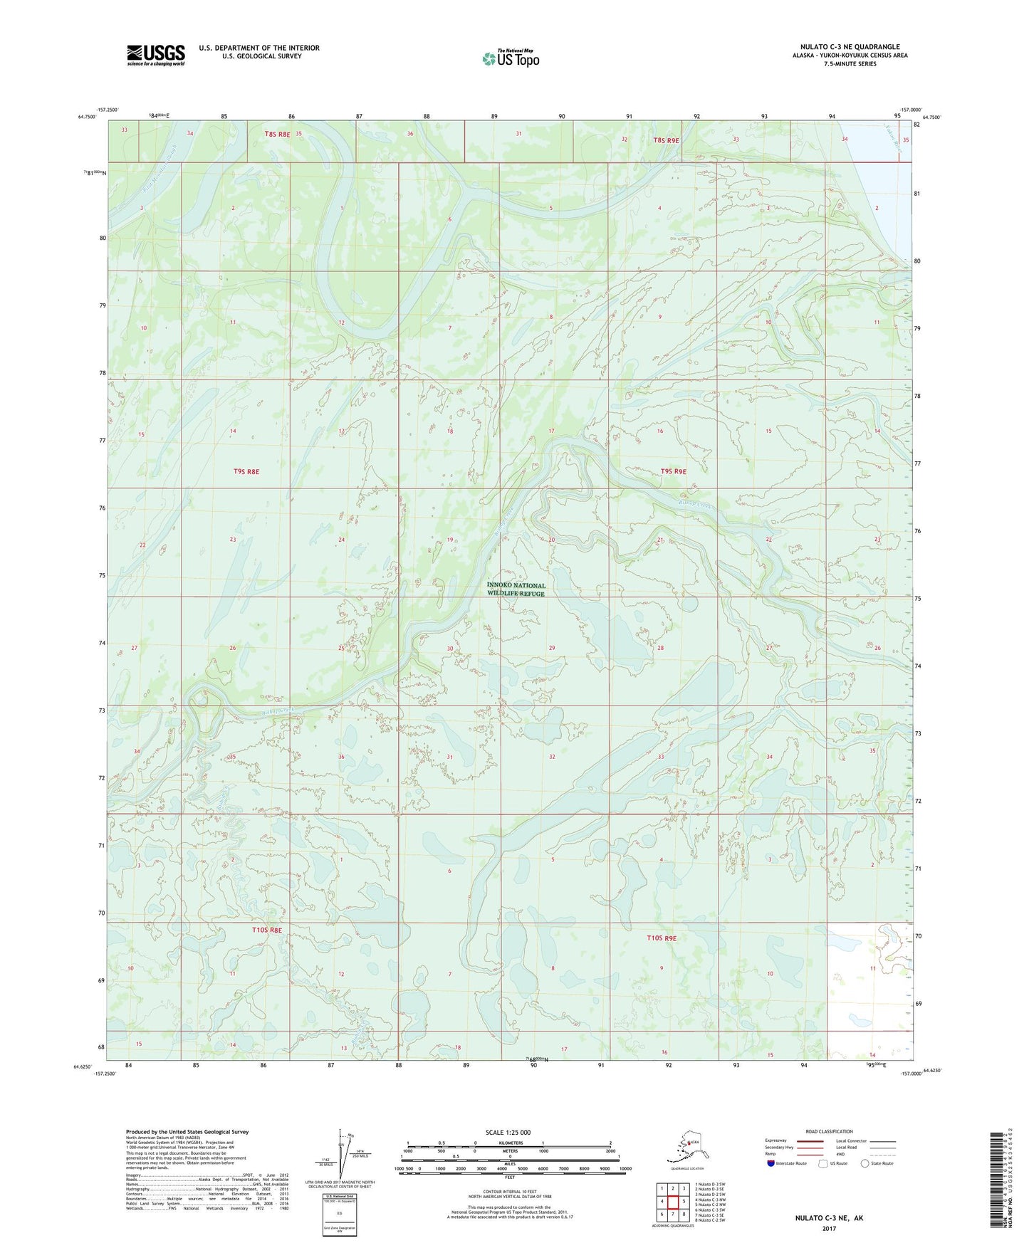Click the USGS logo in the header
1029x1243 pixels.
click(156, 55)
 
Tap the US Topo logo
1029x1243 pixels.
click(510, 58)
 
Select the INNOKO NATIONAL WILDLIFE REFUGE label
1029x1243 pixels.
click(516, 589)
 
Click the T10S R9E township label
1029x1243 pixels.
click(661, 938)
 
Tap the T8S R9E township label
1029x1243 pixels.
click(667, 141)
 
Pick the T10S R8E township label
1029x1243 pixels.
click(266, 930)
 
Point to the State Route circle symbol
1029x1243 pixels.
click(865, 1163)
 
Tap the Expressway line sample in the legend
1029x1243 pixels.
click(809, 1141)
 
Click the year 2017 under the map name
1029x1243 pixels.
click(829, 1229)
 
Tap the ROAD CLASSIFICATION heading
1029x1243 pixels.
click(828, 1131)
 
